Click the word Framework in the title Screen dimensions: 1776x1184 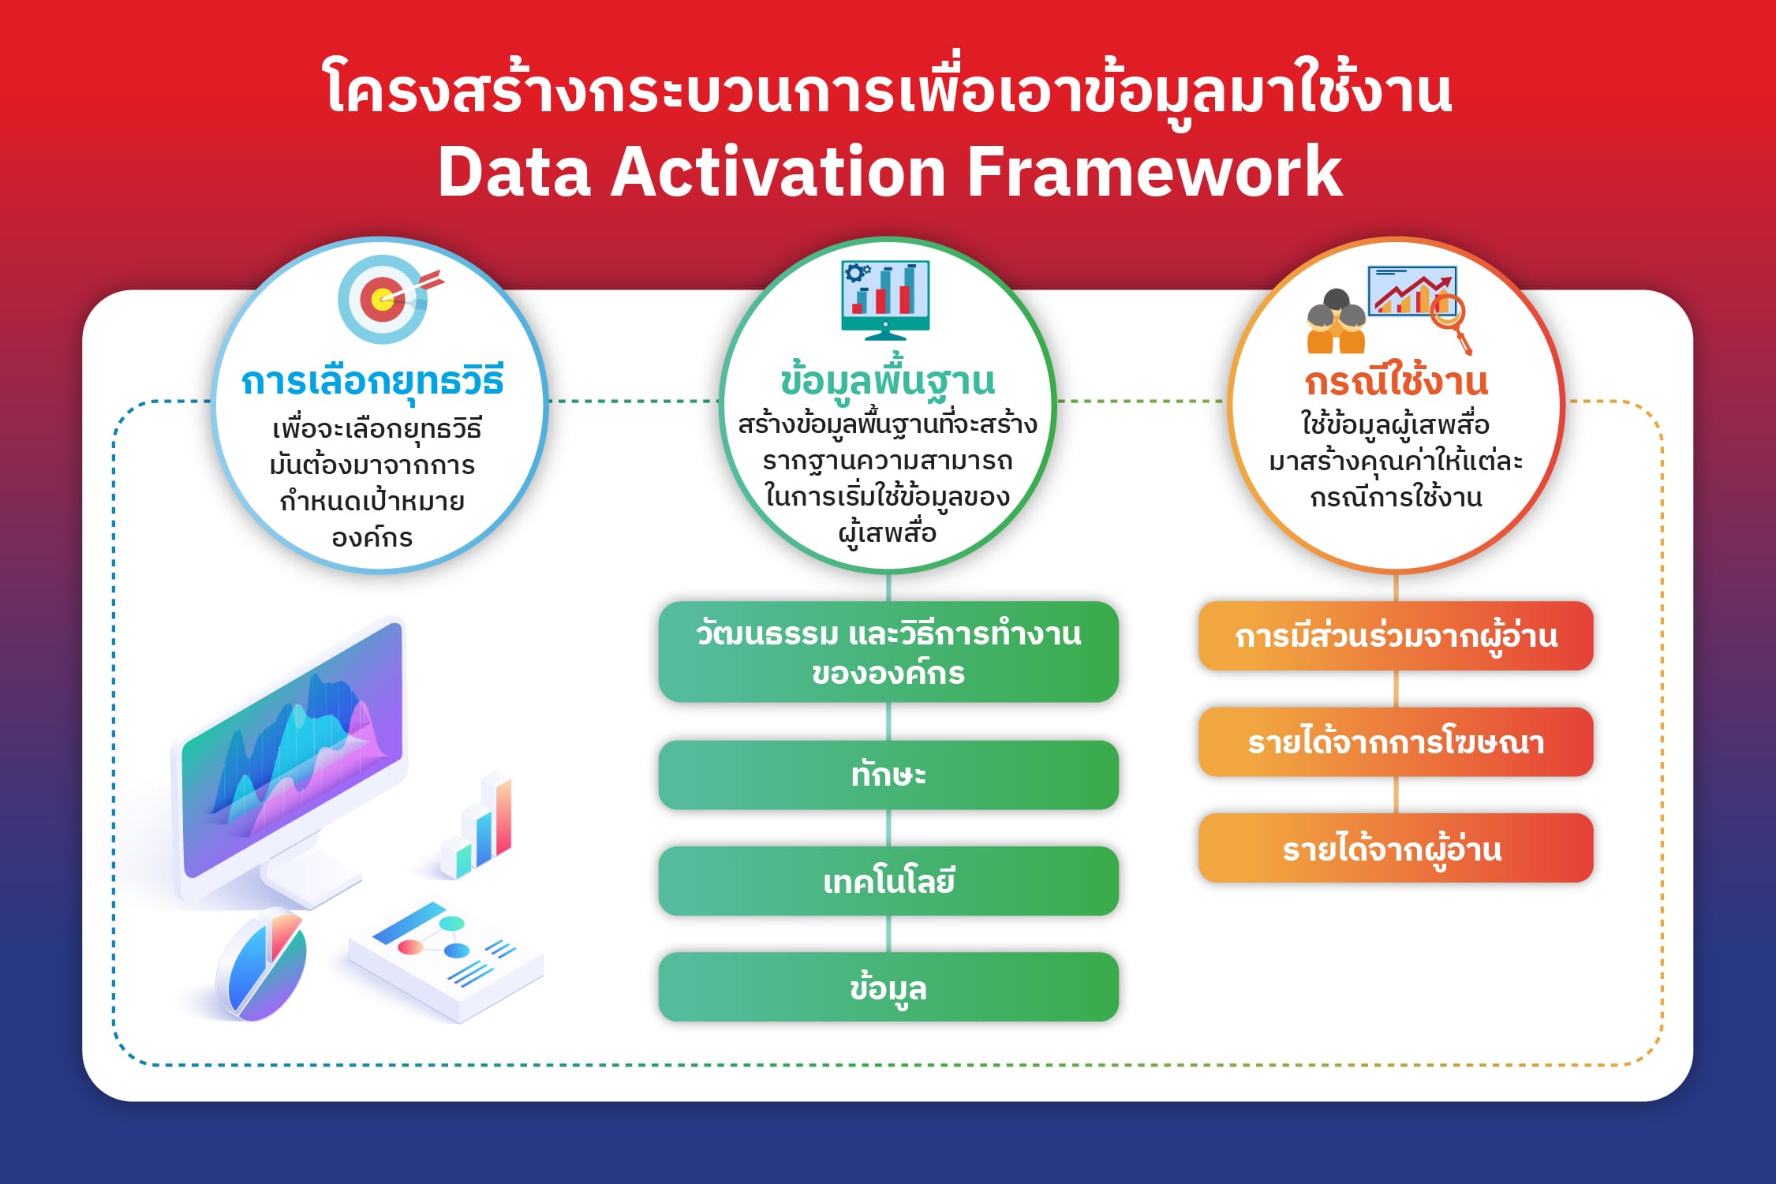click(1154, 171)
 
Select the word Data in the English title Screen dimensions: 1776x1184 click(514, 171)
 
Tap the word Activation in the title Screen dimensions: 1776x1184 click(779, 171)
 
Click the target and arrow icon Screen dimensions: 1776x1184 click(390, 300)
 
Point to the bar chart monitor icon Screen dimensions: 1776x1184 click(885, 300)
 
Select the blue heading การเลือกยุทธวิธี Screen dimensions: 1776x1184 click(372, 381)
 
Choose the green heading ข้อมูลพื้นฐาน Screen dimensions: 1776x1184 click(888, 379)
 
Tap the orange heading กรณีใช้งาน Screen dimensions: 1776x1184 click(1396, 381)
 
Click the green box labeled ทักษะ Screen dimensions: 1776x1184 click(888, 775)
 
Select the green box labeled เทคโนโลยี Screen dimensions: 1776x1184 click(888, 881)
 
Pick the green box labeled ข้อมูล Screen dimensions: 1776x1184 click(888, 987)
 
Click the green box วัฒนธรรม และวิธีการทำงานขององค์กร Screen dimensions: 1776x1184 click(888, 652)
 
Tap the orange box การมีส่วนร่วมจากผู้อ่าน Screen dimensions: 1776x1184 click(1396, 636)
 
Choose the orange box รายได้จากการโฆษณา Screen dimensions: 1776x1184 click(1396, 742)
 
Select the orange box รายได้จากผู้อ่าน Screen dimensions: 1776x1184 click(1396, 848)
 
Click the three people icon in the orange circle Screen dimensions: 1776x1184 click(1336, 321)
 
